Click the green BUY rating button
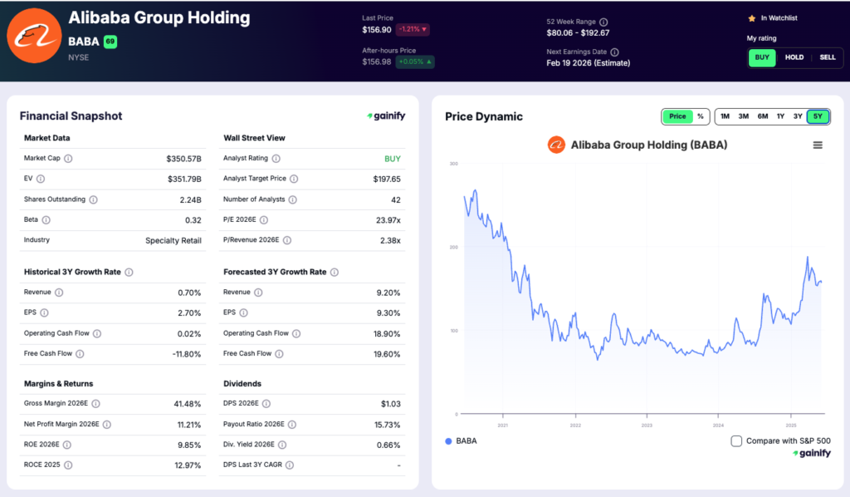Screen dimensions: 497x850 click(762, 57)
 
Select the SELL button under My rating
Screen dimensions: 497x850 click(828, 57)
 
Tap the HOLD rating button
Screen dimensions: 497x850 click(794, 57)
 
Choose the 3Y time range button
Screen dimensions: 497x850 click(798, 116)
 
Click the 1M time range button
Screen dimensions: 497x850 click(725, 116)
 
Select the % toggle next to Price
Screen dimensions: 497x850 click(700, 116)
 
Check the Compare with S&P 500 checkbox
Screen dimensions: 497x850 click(736, 441)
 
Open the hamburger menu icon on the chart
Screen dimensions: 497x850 click(818, 145)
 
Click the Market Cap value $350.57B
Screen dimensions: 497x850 click(183, 158)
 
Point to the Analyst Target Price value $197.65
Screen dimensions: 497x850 click(387, 179)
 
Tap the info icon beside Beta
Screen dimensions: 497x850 click(46, 220)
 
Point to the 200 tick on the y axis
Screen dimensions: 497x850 click(453, 247)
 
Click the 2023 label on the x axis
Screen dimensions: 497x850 click(647, 425)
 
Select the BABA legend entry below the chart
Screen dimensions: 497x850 click(461, 441)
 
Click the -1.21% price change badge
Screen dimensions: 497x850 click(413, 29)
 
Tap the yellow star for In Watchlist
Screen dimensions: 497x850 click(751, 17)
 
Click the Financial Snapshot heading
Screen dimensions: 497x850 click(71, 116)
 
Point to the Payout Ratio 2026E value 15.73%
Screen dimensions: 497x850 click(387, 424)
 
